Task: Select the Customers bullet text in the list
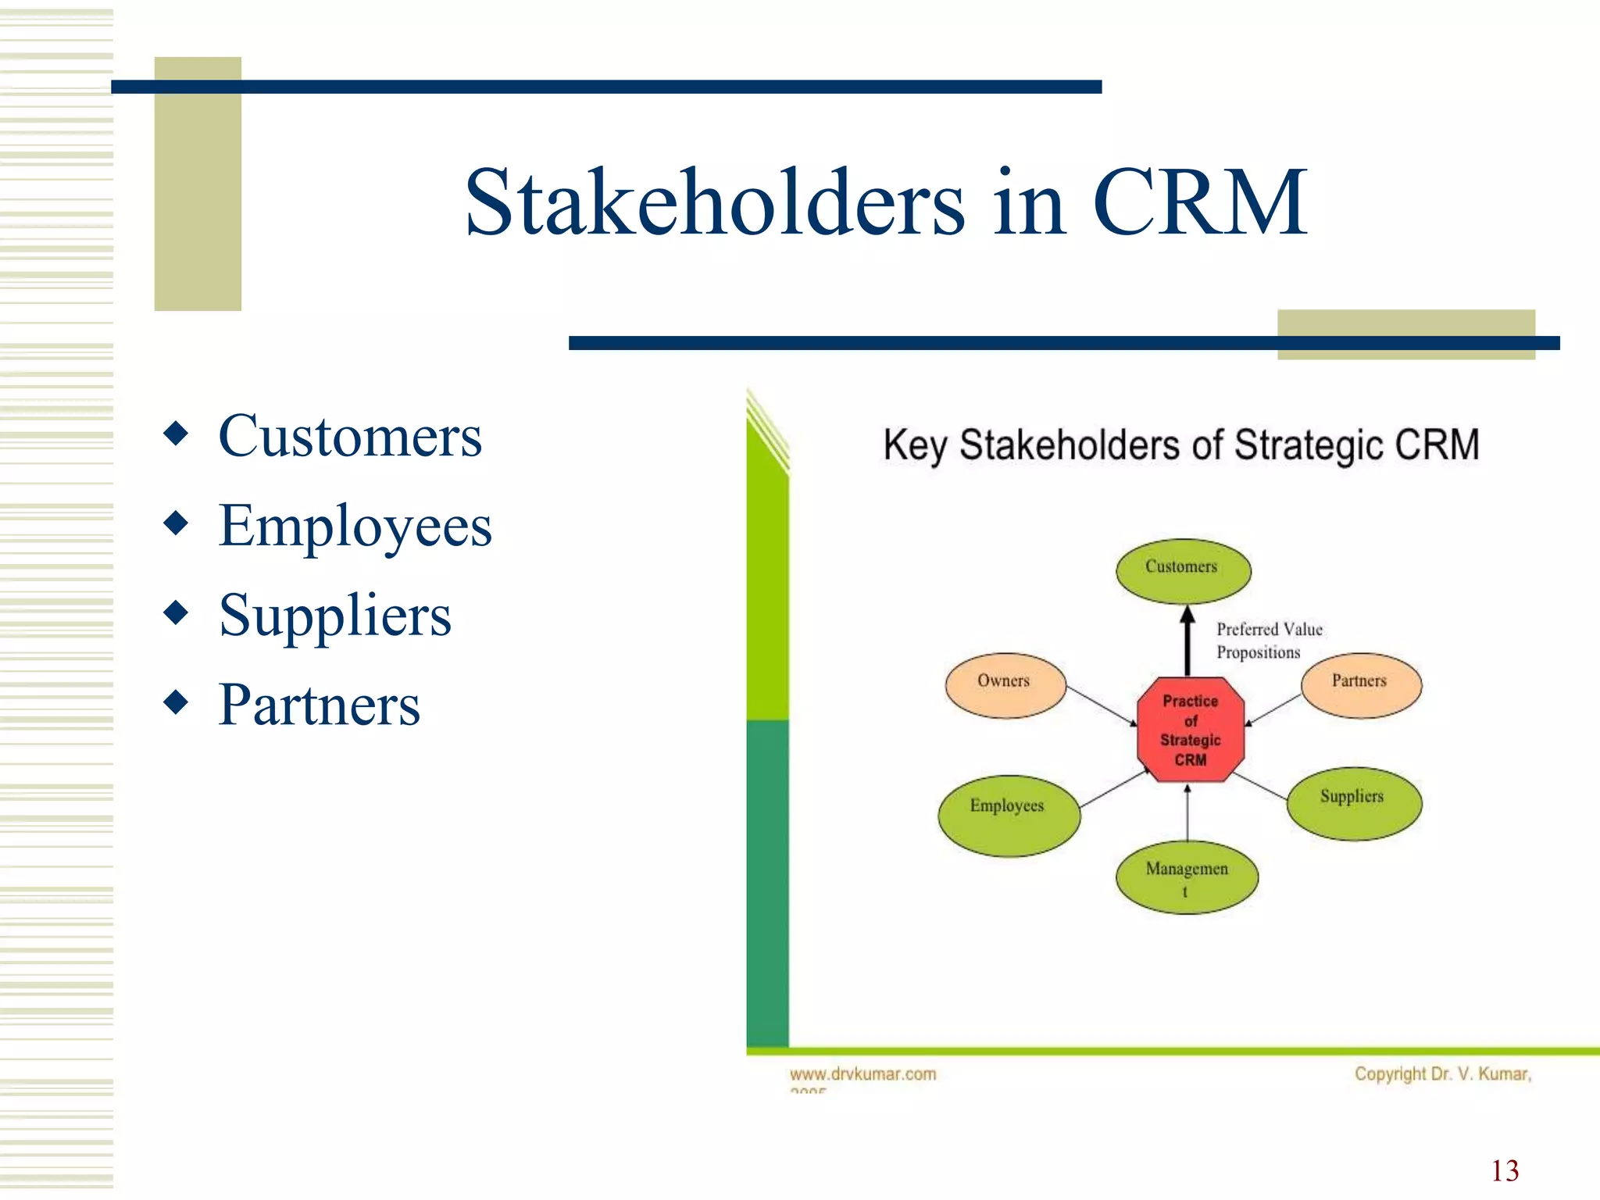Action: point(350,436)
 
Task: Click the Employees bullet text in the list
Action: point(355,526)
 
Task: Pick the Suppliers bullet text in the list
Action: point(335,616)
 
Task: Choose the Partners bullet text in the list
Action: point(320,705)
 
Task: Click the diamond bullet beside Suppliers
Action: point(177,612)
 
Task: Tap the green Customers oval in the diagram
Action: point(1183,570)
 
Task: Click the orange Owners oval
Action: point(1005,685)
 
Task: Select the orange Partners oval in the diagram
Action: point(1361,685)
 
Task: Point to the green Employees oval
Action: point(1009,815)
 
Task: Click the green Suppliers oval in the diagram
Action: point(1354,803)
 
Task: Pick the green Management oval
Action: point(1187,877)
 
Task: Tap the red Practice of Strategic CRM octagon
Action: point(1190,730)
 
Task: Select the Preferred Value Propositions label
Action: point(1269,641)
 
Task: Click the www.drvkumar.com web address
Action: point(862,1074)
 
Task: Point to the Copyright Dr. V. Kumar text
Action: point(1442,1074)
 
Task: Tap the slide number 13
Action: point(1505,1170)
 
